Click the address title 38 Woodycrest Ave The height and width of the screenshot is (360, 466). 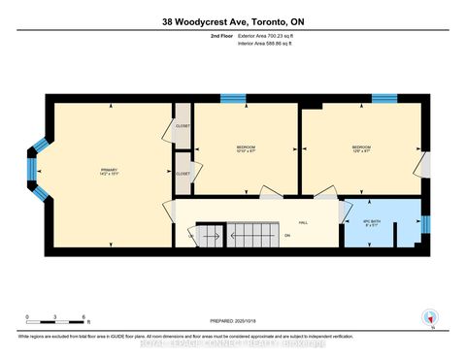tap(233, 21)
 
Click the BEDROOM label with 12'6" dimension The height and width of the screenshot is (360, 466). tap(361, 148)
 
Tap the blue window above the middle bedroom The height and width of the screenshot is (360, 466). tap(232, 97)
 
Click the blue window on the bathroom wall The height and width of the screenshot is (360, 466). tap(425, 225)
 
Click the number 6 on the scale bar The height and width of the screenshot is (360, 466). tap(85, 317)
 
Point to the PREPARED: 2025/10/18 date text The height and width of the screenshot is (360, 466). tap(233, 321)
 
